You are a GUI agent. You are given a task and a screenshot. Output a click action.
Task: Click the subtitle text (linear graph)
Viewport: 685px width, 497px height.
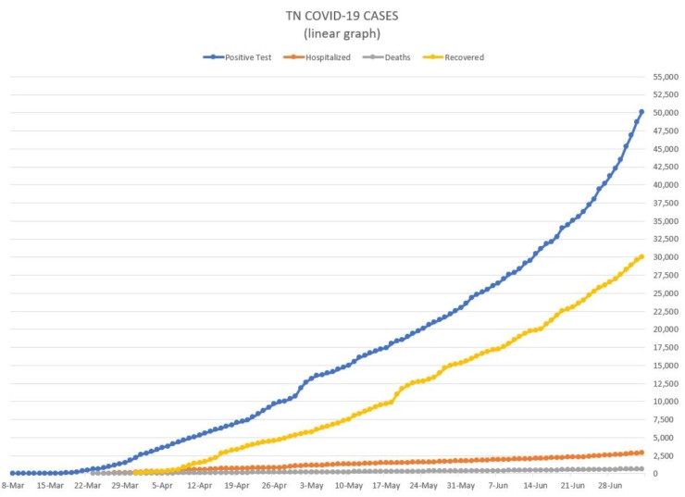click(342, 35)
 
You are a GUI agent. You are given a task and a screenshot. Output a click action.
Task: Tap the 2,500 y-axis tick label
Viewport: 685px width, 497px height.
click(666, 455)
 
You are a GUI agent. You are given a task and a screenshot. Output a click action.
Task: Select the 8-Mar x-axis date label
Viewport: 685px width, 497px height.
click(12, 484)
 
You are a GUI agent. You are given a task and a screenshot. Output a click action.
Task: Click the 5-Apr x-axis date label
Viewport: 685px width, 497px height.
click(163, 484)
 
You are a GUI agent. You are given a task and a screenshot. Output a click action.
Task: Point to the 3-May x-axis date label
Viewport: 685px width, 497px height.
click(312, 484)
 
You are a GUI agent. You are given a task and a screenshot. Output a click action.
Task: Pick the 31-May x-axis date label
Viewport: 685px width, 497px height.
click(461, 484)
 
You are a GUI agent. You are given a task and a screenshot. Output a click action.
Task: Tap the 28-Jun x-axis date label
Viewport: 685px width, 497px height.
click(611, 484)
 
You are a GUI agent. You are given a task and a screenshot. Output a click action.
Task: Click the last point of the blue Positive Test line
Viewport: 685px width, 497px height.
click(641, 112)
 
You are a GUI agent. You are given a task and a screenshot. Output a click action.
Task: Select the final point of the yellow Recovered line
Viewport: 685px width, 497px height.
click(641, 256)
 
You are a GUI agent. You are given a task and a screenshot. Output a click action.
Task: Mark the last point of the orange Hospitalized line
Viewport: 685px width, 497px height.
click(641, 453)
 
